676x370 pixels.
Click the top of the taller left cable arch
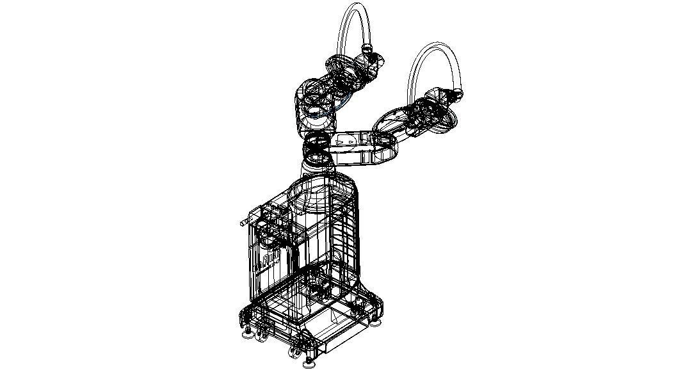coord(356,6)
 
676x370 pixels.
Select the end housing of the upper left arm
coord(371,64)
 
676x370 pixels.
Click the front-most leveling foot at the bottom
coord(310,363)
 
